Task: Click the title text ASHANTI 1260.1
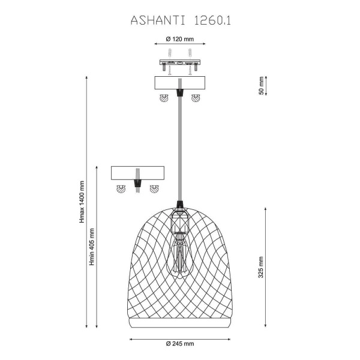click(181, 20)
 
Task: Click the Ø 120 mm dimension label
click(180, 39)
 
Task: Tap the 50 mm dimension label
click(261, 86)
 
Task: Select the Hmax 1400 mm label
click(82, 202)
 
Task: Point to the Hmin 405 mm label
click(92, 247)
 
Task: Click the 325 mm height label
click(261, 267)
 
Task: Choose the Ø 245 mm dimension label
click(180, 344)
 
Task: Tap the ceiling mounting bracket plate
click(180, 62)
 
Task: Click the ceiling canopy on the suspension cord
click(180, 83)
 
